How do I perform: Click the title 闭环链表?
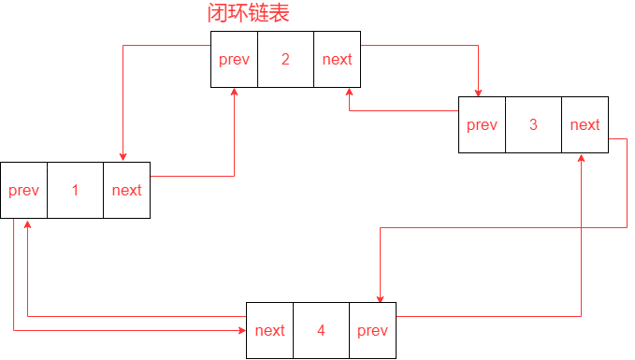[x=248, y=14]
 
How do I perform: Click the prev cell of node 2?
[x=234, y=59]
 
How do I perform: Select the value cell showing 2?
[x=285, y=59]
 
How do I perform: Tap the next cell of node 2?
[x=337, y=59]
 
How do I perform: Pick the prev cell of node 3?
[x=482, y=124]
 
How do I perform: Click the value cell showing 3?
[x=533, y=124]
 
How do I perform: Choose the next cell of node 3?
[x=584, y=124]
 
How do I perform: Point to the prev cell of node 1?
[x=23, y=190]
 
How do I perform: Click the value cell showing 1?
[x=75, y=190]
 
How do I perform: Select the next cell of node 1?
[x=126, y=190]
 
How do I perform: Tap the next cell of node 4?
[x=269, y=330]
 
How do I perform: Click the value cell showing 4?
[x=321, y=330]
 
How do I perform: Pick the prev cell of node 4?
[x=372, y=330]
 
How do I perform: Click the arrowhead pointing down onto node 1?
[x=123, y=156]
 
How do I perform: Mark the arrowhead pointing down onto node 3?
[x=479, y=91]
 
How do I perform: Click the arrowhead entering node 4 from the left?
[x=240, y=330]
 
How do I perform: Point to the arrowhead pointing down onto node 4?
[x=380, y=296]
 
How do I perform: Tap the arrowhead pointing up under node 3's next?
[x=583, y=160]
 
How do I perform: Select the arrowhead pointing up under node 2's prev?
[x=234, y=94]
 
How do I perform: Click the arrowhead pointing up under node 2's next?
[x=350, y=94]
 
